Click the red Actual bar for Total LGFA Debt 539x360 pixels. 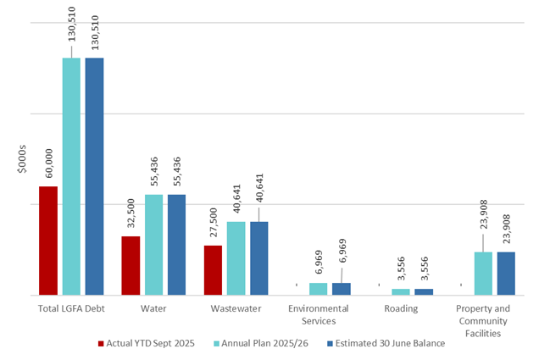click(48, 241)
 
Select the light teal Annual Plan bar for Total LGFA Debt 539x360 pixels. click(71, 176)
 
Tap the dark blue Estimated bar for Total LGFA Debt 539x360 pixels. click(94, 176)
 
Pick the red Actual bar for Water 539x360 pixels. click(131, 265)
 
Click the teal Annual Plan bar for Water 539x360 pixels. click(154, 245)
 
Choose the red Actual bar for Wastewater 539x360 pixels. click(214, 270)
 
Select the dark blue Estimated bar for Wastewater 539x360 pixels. click(259, 258)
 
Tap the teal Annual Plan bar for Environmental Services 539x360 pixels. click(319, 289)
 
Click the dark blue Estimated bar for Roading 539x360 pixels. click(424, 291)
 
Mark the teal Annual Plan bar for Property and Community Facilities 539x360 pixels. click(483, 274)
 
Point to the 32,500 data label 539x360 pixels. click(131, 213)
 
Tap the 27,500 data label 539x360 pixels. click(214, 223)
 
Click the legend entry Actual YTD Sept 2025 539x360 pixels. click(146, 343)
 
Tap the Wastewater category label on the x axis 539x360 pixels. click(236, 308)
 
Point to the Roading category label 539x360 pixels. click(401, 308)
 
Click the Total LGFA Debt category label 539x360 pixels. click(71, 308)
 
